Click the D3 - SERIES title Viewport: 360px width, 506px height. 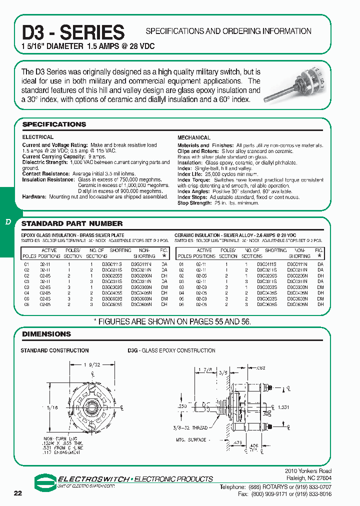[73, 32]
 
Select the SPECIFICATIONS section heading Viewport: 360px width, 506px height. [54, 124]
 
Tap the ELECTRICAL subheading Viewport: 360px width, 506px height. [37, 137]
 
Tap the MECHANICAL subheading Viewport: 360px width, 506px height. [194, 137]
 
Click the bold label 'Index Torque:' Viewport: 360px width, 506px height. [194, 179]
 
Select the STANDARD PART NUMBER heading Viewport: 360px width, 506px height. [72, 223]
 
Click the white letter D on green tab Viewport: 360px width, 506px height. [7, 222]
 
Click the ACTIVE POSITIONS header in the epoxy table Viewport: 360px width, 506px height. [49, 253]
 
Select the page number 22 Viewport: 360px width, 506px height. [18, 493]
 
